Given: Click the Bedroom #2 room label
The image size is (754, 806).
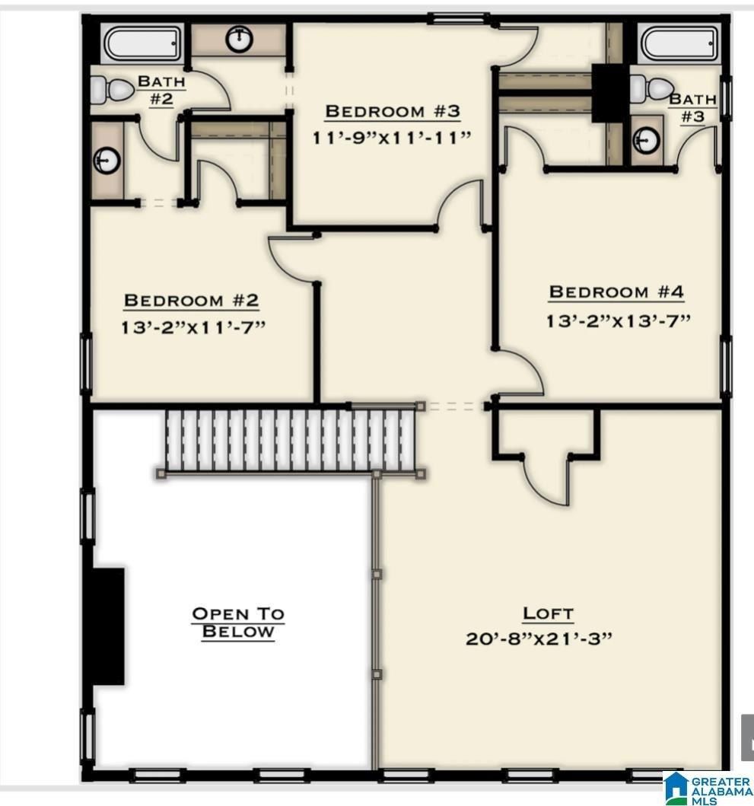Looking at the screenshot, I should (x=191, y=301).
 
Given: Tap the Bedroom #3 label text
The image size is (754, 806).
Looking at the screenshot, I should (x=393, y=111).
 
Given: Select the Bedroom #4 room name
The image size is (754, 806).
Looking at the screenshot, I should (x=616, y=291).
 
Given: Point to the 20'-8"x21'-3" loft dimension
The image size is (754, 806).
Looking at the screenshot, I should (x=539, y=638).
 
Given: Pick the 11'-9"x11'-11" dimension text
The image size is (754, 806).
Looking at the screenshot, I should (x=392, y=138).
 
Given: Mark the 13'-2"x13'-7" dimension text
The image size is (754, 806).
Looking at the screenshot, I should (x=617, y=320).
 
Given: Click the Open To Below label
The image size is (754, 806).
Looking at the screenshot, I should (x=237, y=623).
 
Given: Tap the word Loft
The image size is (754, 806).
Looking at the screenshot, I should (x=548, y=613).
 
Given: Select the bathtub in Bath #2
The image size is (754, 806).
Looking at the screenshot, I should (x=142, y=45).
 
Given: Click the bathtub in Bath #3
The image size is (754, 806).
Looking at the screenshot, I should (x=679, y=45).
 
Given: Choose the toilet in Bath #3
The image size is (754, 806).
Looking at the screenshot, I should (x=651, y=89).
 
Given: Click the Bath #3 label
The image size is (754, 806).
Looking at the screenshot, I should (x=692, y=107).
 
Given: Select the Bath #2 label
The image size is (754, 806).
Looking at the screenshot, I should (x=161, y=90).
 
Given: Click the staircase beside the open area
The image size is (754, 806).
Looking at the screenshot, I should (x=289, y=440).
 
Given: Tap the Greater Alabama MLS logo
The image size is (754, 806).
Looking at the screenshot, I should (x=707, y=788).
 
